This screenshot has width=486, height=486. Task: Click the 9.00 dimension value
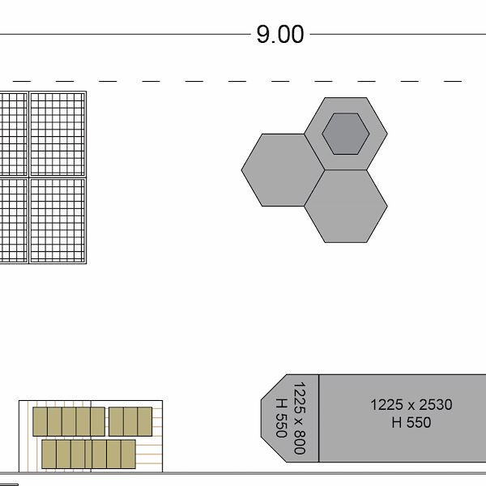click(280, 35)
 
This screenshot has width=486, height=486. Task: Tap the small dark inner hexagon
click(346, 133)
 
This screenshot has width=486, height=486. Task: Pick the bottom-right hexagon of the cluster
click(346, 207)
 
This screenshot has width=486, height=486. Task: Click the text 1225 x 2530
click(411, 405)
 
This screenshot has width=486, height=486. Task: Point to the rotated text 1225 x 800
click(299, 418)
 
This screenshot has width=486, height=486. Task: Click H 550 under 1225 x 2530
click(411, 422)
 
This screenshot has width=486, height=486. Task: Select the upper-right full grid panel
click(58, 134)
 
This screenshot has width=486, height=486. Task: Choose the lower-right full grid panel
click(58, 220)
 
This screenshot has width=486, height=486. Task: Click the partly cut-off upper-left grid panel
click(13, 134)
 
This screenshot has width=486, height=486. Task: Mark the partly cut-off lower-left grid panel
click(13, 220)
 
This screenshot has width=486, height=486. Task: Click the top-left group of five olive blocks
click(69, 421)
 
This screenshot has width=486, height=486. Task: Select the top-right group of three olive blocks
click(130, 421)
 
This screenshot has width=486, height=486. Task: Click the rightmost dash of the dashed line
click(453, 81)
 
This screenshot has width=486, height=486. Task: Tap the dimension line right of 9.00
click(397, 35)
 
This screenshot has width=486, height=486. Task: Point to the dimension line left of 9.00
click(122, 35)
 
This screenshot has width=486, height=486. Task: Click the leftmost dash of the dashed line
click(22, 81)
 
